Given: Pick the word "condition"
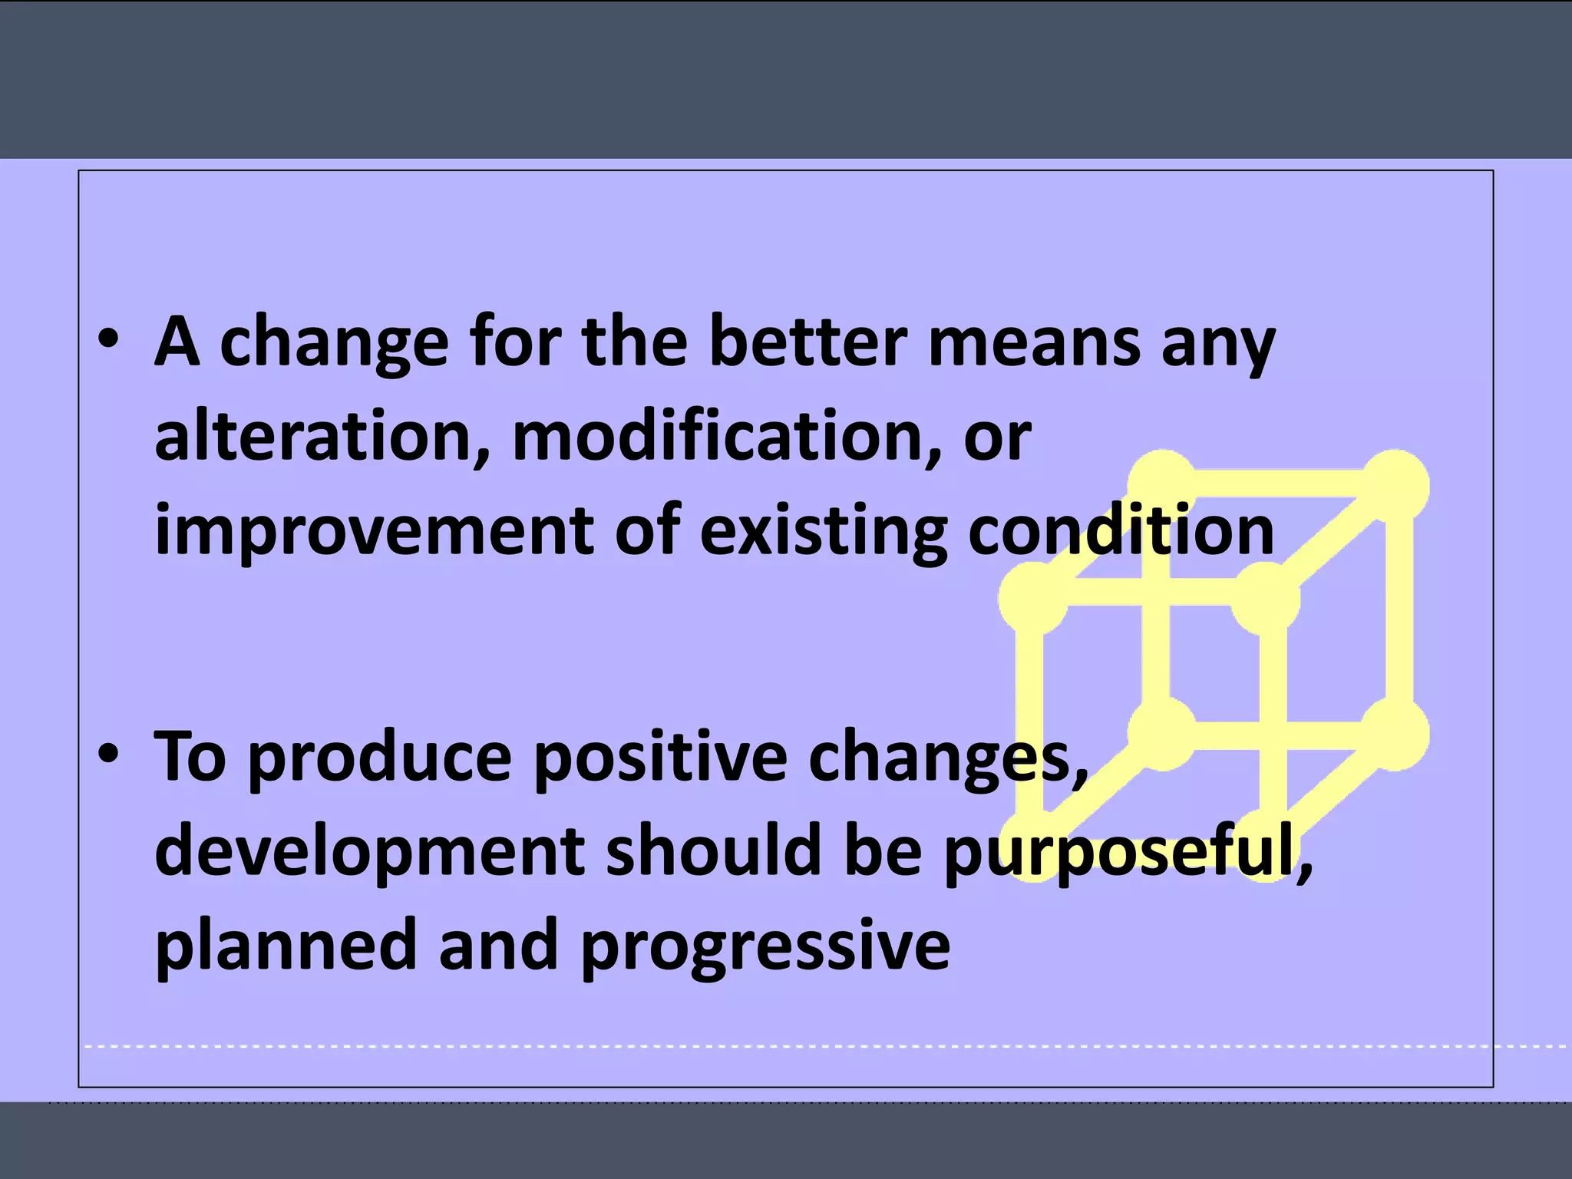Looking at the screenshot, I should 1121,531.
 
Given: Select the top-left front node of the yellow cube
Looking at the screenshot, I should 1033,598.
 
